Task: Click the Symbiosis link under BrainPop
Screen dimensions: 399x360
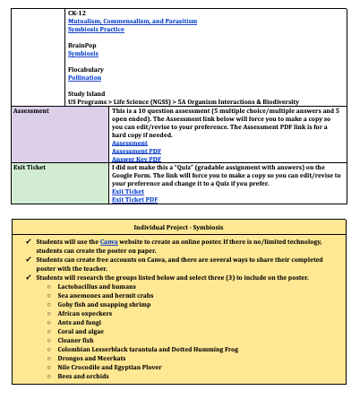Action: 83,53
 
